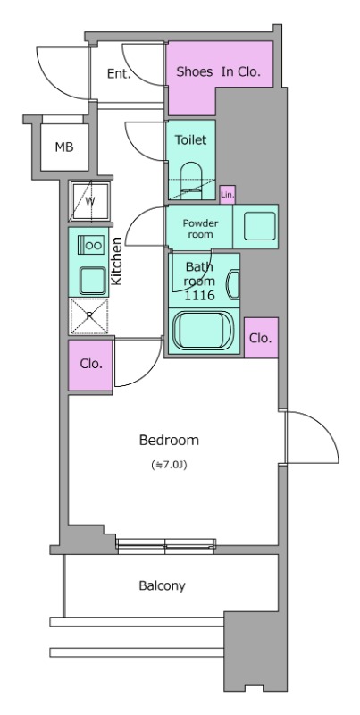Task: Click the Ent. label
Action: pos(119,74)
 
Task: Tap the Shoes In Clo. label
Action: pos(218,71)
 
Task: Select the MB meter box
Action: pos(64,147)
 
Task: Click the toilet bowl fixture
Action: pos(191,181)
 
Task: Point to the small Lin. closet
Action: pos(228,195)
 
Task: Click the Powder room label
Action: pos(200,229)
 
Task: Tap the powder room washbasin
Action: pos(260,226)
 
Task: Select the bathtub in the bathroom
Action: pos(205,331)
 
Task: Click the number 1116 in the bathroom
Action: pos(199,296)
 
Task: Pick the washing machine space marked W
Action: pos(89,201)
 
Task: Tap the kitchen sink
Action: pos(93,281)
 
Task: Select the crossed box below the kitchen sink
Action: pos(88,316)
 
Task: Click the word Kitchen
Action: pos(117,261)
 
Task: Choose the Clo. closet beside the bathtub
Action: pos(261,338)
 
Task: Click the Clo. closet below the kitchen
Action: pos(91,366)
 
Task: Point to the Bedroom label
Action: pos(169,440)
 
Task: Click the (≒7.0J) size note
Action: pos(169,466)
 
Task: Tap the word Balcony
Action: pos(163,585)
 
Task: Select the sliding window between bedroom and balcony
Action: pos(166,545)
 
